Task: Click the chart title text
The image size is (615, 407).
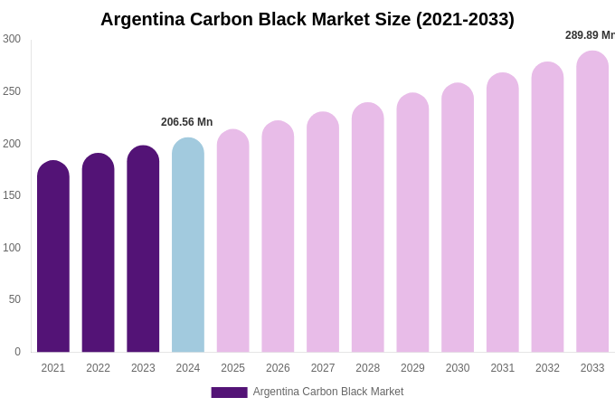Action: click(x=307, y=19)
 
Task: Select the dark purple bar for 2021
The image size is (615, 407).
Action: click(x=53, y=258)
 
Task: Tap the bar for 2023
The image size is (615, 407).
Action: click(x=143, y=250)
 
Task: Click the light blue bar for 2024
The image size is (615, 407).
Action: click(x=188, y=246)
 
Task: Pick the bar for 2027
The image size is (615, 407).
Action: click(x=323, y=233)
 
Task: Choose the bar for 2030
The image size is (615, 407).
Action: click(x=458, y=219)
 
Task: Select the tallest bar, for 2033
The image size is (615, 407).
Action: click(x=592, y=203)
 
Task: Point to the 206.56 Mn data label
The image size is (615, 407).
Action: click(x=187, y=122)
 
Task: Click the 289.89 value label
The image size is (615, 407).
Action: click(x=590, y=35)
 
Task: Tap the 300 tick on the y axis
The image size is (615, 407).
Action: click(x=12, y=39)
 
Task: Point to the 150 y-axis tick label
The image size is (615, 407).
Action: click(x=12, y=195)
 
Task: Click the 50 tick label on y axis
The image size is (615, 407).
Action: click(x=14, y=299)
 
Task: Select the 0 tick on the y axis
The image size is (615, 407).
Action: click(x=17, y=352)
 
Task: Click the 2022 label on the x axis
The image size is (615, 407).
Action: click(x=98, y=368)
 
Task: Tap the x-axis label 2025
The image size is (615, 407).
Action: click(x=232, y=368)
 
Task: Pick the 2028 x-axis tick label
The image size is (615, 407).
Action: click(x=367, y=368)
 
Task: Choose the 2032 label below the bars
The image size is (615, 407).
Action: click(x=547, y=368)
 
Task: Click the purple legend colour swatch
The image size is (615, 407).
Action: click(x=229, y=393)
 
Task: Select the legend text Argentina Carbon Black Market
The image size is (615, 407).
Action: click(x=328, y=392)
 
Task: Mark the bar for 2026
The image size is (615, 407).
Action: click(x=278, y=238)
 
